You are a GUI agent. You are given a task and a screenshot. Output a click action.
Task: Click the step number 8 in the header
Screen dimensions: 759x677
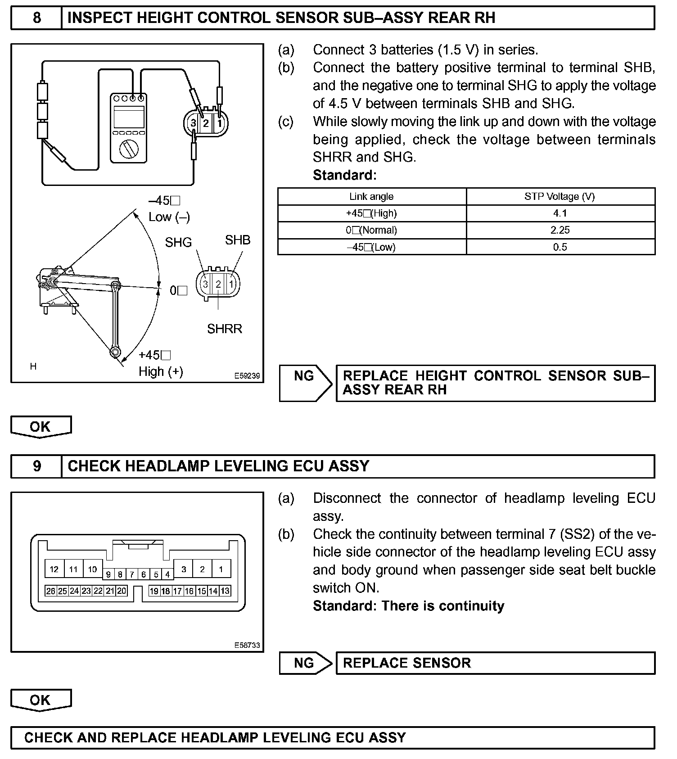36,18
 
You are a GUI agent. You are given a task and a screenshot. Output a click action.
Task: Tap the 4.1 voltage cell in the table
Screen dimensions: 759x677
560,213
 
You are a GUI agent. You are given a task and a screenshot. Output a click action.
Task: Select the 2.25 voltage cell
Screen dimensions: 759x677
560,230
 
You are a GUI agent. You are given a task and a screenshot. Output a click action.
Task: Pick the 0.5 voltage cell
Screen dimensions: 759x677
560,247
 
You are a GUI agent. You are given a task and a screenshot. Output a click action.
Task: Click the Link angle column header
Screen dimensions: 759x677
371,197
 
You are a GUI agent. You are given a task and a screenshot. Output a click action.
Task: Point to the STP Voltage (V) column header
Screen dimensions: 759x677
560,197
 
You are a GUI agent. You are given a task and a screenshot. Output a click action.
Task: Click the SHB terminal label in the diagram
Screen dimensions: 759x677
238,240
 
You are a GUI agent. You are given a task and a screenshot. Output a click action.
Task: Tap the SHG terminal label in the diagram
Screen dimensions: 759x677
178,243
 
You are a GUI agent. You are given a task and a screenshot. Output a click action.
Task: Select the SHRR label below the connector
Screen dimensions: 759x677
225,329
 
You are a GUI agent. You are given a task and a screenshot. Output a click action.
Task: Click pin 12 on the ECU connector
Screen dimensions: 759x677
54,569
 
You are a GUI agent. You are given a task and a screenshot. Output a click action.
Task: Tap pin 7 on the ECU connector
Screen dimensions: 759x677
132,574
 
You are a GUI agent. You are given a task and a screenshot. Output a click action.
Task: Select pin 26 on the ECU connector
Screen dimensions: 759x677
50,591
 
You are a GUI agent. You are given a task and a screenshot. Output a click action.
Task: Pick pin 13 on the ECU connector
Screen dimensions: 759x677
225,591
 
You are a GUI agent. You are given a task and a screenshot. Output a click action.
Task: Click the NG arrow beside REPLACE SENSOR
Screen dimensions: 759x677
305,663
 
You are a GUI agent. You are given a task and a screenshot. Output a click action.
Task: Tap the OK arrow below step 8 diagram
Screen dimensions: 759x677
41,426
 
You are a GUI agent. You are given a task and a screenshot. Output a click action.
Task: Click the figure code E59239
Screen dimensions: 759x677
247,375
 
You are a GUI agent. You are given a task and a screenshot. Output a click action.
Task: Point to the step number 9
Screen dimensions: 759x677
36,466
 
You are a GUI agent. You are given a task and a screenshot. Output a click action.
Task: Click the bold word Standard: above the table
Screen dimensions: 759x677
344,175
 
